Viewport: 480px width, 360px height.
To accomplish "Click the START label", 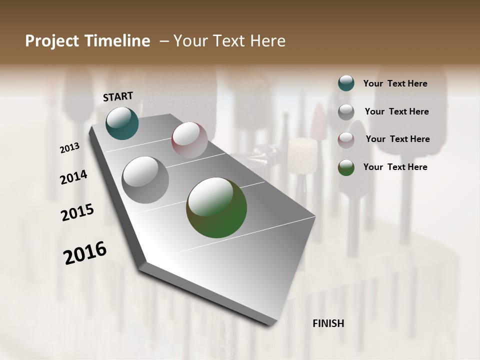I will [x=118, y=96].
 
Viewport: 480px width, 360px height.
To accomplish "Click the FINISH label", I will [x=328, y=323].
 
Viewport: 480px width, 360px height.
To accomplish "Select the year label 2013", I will [x=70, y=147].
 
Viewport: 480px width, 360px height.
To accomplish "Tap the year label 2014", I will [x=73, y=177].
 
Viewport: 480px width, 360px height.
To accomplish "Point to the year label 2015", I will [x=77, y=212].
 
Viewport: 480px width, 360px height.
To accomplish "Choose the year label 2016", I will [x=85, y=252].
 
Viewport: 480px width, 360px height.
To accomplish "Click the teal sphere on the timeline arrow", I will [x=122, y=123].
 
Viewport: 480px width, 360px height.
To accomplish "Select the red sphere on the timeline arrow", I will [x=189, y=140].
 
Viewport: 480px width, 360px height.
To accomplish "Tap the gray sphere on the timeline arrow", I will [x=145, y=180].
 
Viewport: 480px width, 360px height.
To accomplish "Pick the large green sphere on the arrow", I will [x=216, y=207].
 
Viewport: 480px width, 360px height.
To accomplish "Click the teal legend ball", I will [x=346, y=83].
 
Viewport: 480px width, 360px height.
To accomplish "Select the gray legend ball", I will [x=346, y=112].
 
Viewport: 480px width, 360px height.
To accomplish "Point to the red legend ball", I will [x=346, y=140].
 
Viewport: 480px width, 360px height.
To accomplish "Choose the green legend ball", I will [x=346, y=167].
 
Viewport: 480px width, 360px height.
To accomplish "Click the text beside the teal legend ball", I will [x=395, y=83].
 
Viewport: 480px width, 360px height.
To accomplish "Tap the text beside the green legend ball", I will [x=395, y=167].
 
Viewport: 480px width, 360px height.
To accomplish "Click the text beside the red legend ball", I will [x=397, y=139].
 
